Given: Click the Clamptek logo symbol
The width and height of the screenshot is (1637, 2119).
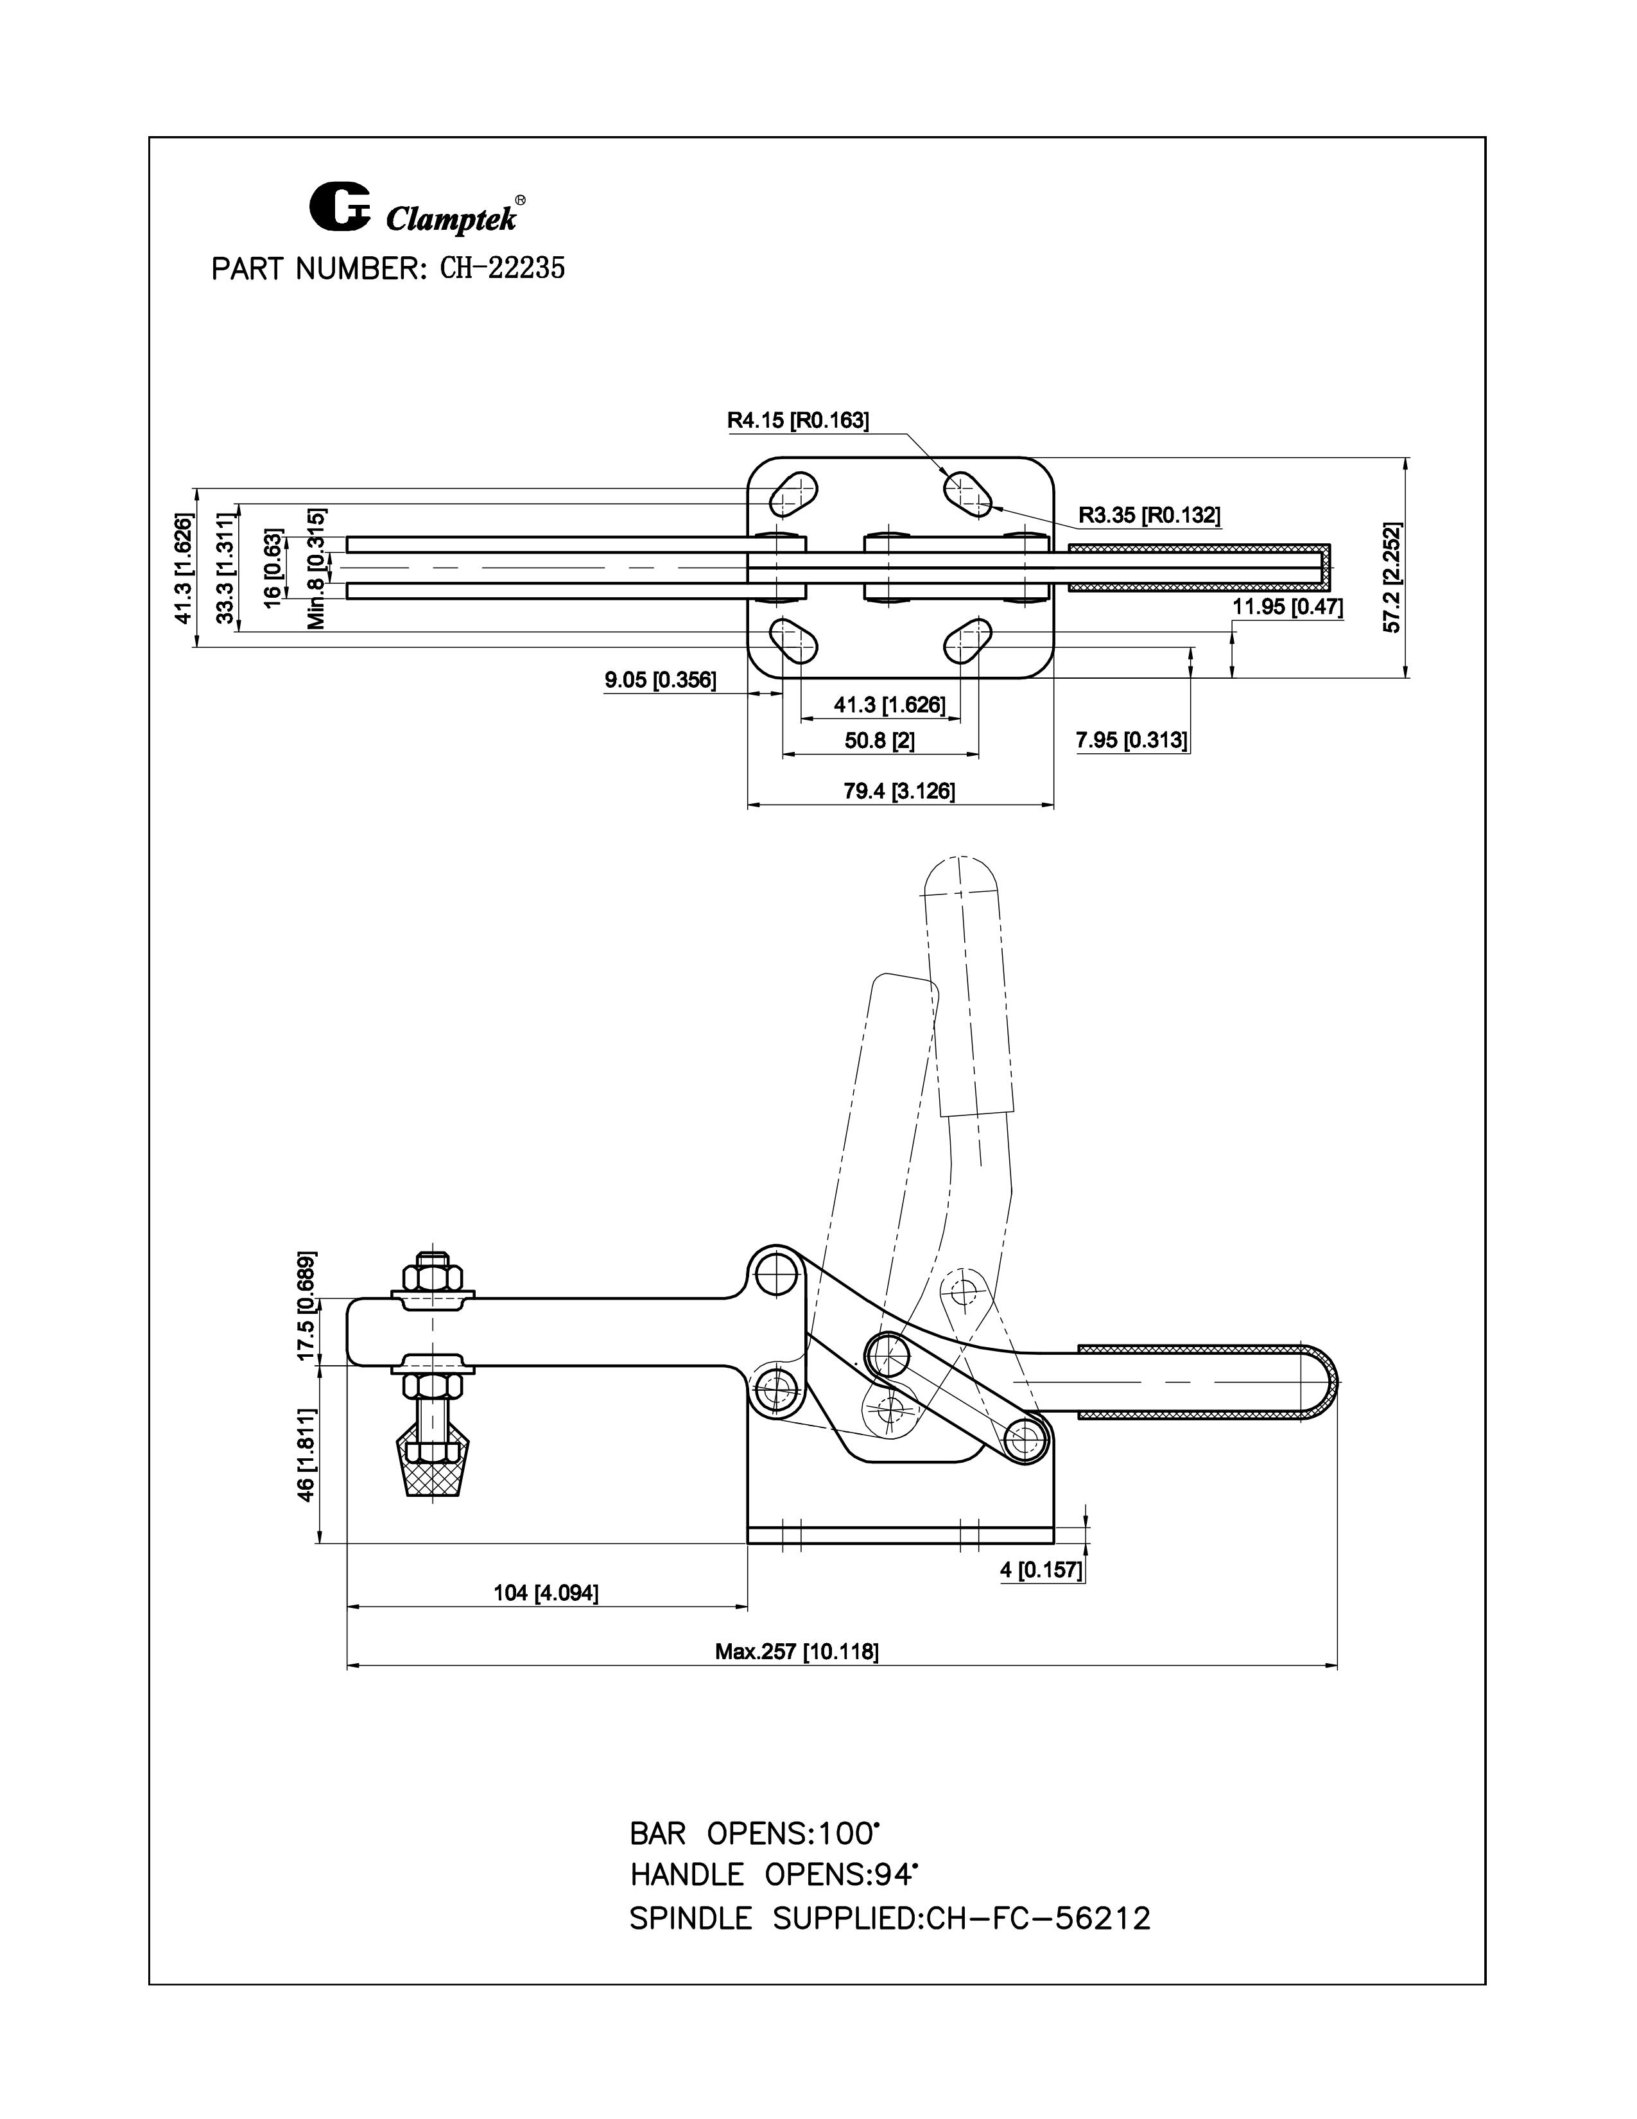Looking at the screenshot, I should [340, 207].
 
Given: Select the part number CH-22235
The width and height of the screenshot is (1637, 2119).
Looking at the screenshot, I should [503, 269].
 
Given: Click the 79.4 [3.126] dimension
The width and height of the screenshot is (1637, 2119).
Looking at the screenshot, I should [899, 792].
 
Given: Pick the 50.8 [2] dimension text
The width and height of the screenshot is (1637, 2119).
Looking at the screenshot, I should [879, 741].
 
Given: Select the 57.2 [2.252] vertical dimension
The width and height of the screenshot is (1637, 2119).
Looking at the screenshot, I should [1392, 579].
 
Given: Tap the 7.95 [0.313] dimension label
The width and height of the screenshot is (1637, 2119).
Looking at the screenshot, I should [1130, 741].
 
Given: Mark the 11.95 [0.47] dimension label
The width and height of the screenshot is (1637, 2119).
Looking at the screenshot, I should [1287, 608].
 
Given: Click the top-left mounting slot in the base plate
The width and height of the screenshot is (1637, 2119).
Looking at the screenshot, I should [793, 494].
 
